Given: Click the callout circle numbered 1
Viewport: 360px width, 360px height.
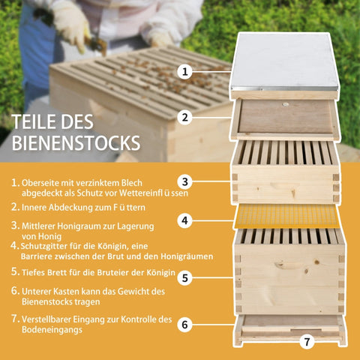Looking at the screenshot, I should coord(186,72).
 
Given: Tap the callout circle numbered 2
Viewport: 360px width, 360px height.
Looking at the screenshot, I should coord(186,117).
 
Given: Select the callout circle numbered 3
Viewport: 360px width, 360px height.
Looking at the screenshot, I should coord(186,181).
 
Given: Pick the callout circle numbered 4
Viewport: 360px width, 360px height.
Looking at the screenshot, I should coord(186,220).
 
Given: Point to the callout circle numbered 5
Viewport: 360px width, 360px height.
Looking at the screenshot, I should coord(186,277).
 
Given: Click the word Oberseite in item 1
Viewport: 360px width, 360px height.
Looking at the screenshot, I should coord(42,182).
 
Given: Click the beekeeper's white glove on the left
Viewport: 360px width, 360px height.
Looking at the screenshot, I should coord(72,23).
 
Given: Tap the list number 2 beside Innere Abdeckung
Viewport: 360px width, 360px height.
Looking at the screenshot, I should coord(15,205).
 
